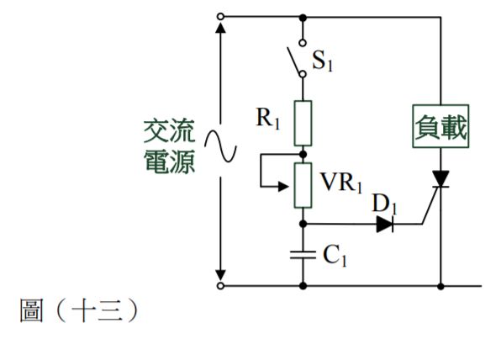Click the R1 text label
pyautogui.click(x=270, y=118)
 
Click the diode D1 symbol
pyautogui.click(x=385, y=224)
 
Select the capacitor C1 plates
pyautogui.click(x=303, y=255)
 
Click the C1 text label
pyautogui.click(x=335, y=257)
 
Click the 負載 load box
pyautogui.click(x=440, y=128)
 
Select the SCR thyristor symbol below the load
pyautogui.click(x=440, y=178)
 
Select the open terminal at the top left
pyautogui.click(x=220, y=16)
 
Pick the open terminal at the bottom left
pyautogui.click(x=220, y=286)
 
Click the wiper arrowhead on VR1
pyautogui.click(x=287, y=188)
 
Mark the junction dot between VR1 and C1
pyautogui.click(x=303, y=224)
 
